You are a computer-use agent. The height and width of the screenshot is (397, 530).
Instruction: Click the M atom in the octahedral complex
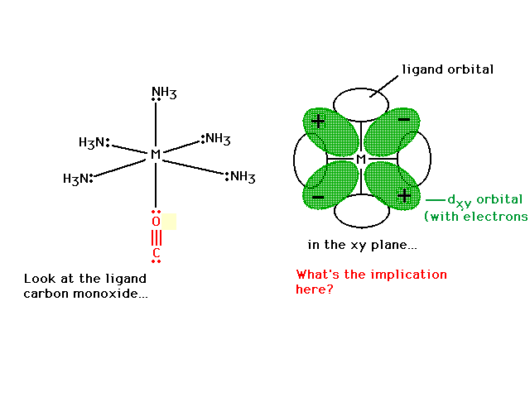coord(156,155)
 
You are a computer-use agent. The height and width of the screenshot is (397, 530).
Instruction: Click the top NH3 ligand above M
coord(164,93)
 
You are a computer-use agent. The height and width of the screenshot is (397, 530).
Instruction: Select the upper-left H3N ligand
coord(94,142)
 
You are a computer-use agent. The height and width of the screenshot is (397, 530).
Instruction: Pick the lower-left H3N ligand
coord(78,179)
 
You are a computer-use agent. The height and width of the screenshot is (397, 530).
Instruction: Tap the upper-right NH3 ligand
coord(215,139)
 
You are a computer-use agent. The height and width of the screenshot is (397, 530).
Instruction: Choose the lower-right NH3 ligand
coord(240,176)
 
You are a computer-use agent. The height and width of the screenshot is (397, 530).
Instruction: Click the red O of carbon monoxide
coord(156,222)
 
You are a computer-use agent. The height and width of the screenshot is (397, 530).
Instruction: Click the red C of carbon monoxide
coord(156,252)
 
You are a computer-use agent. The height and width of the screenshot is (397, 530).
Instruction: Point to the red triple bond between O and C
coord(157,237)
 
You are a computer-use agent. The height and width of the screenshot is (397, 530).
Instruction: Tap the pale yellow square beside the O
coord(169,222)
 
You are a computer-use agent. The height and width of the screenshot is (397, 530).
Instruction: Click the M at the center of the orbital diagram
coord(361,159)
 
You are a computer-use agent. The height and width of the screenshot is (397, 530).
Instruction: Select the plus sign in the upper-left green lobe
coord(318,121)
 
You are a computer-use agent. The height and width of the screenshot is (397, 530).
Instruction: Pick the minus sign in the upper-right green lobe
coord(404,119)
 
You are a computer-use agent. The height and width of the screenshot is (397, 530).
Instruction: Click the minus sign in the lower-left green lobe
coord(318,197)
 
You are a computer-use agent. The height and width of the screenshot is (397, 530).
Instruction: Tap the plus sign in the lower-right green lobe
coord(404,196)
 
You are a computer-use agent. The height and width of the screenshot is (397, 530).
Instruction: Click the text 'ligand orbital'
coord(447,69)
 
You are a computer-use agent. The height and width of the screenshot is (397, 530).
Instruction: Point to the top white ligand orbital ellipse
coord(361,89)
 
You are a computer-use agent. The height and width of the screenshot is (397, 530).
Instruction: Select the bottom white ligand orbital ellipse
coord(362,227)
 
